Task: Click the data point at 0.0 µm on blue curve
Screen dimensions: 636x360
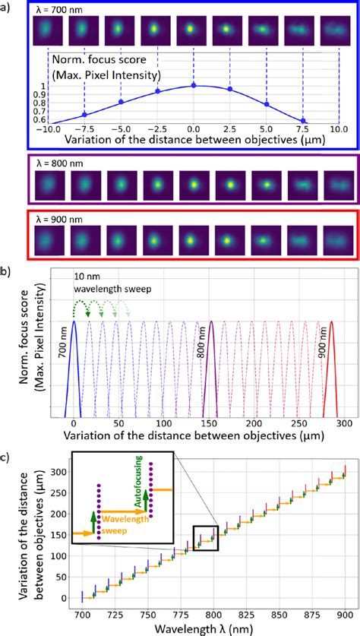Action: [194, 85]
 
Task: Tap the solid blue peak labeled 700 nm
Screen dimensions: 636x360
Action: [73, 327]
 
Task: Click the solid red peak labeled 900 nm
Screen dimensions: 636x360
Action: [332, 327]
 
